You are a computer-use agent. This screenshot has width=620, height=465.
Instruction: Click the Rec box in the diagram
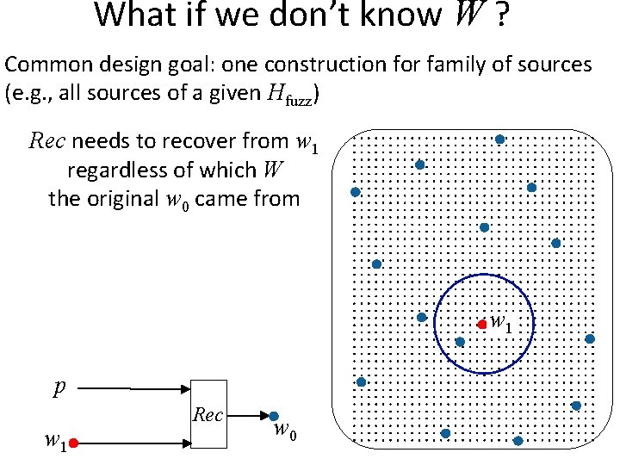(x=208, y=414)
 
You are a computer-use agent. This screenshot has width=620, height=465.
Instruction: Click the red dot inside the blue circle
(x=482, y=325)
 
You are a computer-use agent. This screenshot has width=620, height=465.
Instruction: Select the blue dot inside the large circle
(x=460, y=342)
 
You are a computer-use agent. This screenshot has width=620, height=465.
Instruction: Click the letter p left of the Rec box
(x=59, y=387)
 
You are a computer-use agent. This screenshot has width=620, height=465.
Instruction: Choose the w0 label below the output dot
(x=286, y=431)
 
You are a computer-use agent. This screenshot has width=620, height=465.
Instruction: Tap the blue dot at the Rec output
(x=273, y=416)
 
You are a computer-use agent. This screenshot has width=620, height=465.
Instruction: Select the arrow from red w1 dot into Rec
(x=133, y=443)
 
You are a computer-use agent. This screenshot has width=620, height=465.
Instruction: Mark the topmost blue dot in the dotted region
(x=499, y=139)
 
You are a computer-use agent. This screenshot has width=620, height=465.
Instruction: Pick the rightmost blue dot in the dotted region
(x=590, y=338)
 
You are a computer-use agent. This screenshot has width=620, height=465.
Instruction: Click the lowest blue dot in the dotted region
(x=518, y=441)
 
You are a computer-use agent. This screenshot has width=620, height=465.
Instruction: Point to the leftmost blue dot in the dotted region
(x=354, y=192)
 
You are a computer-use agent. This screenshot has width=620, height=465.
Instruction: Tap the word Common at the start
(x=44, y=64)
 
